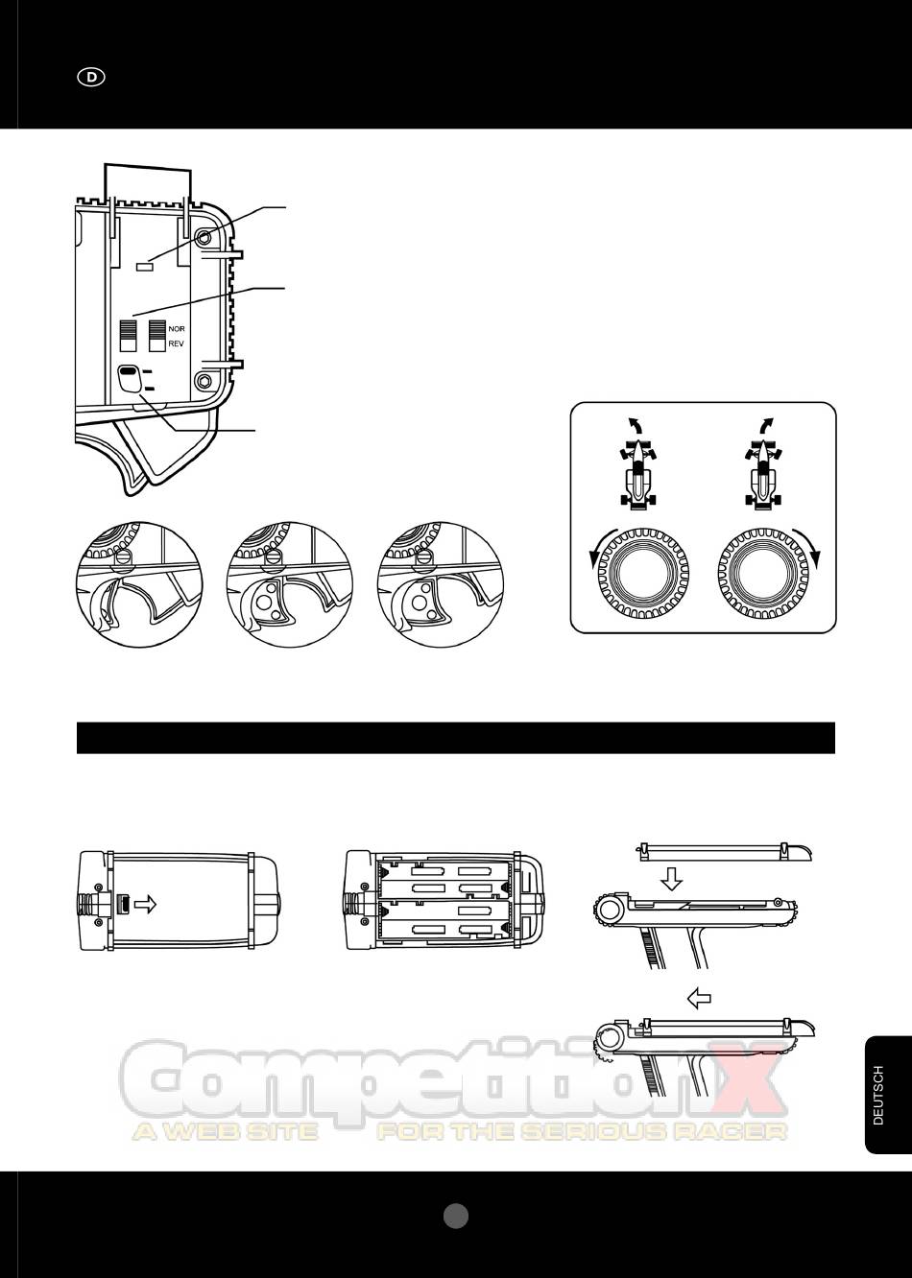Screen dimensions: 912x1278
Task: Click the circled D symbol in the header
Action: pos(91,77)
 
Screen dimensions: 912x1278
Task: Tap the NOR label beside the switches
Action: pos(177,329)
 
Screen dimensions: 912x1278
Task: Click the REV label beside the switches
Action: pos(176,344)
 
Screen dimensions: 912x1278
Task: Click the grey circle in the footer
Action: pos(456,1216)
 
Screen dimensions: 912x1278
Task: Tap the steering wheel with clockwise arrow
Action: pos(763,572)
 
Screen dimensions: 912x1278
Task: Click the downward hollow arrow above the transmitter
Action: pos(671,879)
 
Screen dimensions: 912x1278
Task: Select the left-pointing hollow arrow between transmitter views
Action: pos(699,999)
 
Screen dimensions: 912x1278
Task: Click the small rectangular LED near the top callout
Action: pos(145,265)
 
